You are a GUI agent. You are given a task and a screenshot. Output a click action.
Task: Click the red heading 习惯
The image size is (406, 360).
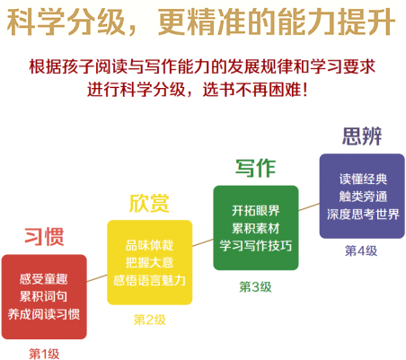[x=44, y=237]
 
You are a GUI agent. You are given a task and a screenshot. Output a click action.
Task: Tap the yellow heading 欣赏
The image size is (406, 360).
[x=149, y=203]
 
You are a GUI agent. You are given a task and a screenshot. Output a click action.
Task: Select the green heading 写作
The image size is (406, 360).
[x=255, y=168]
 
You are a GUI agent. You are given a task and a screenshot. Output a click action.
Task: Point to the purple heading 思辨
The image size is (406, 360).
[x=362, y=136]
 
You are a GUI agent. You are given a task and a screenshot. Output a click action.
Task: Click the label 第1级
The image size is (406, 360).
[x=44, y=354]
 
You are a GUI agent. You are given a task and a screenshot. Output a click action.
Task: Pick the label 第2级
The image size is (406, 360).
[x=149, y=320]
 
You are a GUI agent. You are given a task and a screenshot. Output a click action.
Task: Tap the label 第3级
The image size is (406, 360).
[x=255, y=286]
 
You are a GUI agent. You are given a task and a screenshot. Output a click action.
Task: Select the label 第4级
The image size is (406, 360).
[x=361, y=250]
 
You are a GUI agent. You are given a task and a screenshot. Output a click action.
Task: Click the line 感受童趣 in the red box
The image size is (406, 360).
[x=44, y=279]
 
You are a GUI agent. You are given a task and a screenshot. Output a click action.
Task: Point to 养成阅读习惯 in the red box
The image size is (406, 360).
[x=44, y=314]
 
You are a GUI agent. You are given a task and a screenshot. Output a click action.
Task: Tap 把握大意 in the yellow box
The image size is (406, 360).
[x=149, y=262]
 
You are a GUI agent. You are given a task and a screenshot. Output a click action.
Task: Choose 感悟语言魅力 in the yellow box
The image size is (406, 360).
[x=149, y=280]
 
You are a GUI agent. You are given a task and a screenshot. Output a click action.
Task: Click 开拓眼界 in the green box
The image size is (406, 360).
[x=255, y=210]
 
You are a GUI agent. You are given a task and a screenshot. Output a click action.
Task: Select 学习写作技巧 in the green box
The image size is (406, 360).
[x=256, y=245]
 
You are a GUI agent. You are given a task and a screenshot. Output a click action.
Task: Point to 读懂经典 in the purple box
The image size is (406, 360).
[x=363, y=179]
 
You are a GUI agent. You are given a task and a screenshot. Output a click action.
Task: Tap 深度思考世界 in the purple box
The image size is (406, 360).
[x=363, y=214]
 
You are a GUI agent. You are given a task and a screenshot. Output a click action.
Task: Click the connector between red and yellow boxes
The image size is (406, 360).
[x=97, y=278]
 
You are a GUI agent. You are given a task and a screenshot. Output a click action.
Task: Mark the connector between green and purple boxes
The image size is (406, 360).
[x=309, y=206]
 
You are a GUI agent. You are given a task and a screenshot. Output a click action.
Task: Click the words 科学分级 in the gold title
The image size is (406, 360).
[x=66, y=22]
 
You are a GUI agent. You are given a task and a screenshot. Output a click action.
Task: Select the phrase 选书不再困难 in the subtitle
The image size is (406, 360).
[x=252, y=89]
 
